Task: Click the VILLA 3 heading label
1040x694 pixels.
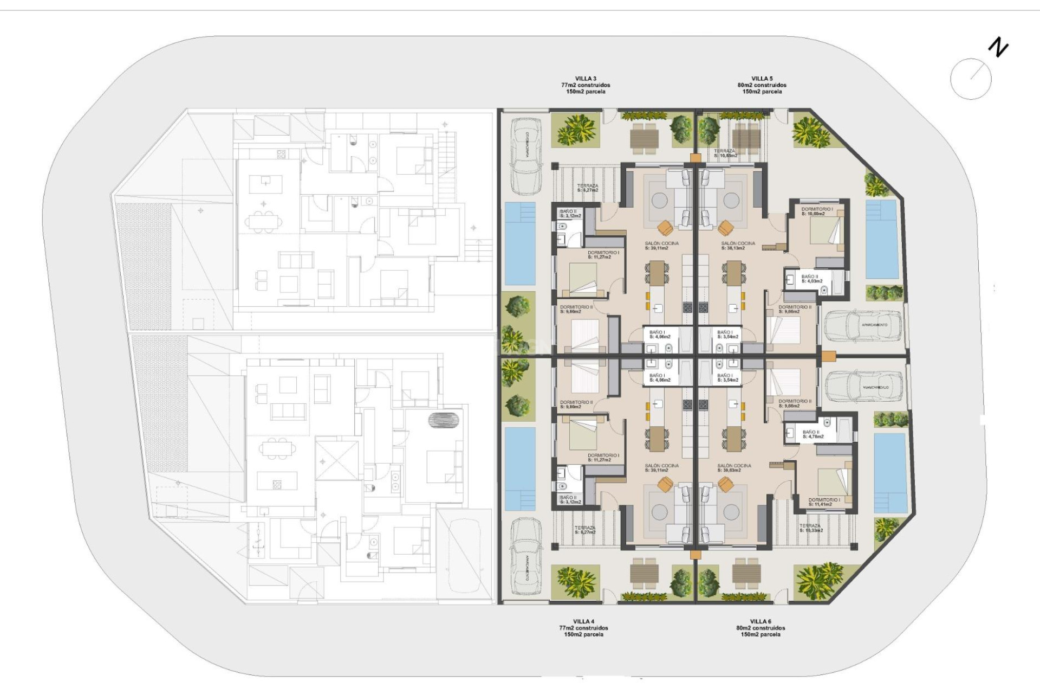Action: point(586,79)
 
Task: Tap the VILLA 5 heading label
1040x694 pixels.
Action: point(762,79)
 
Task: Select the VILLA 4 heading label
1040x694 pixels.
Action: point(583,621)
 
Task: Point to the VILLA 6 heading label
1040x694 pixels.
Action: point(760,621)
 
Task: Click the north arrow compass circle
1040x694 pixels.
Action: point(971,79)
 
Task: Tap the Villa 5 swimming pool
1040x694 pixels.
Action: point(882,239)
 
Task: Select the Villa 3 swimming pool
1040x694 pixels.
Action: point(520,243)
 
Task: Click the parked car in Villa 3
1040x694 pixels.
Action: point(526,156)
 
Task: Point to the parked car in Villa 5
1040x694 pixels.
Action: point(863,326)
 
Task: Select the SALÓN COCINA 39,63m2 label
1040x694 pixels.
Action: point(734,468)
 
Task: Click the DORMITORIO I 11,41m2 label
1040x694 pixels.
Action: point(824,502)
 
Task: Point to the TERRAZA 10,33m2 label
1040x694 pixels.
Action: point(810,528)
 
